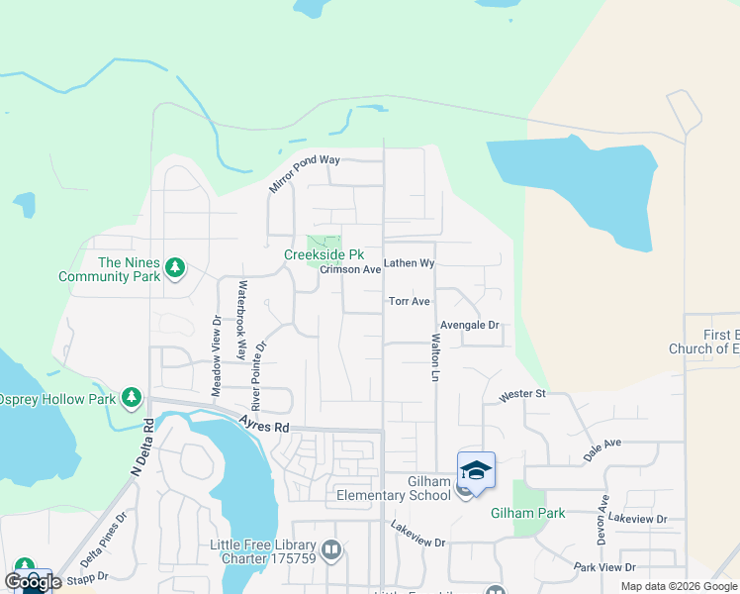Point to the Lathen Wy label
click(410, 263)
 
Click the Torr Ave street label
click(409, 301)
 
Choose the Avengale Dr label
click(470, 325)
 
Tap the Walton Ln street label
click(434, 357)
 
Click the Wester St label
click(523, 394)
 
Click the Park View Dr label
click(604, 567)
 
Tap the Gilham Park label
click(527, 513)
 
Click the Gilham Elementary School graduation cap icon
click(476, 470)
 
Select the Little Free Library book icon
click(331, 548)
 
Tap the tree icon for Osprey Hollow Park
click(131, 398)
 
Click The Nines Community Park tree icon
click(175, 268)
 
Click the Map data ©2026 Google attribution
click(678, 586)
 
